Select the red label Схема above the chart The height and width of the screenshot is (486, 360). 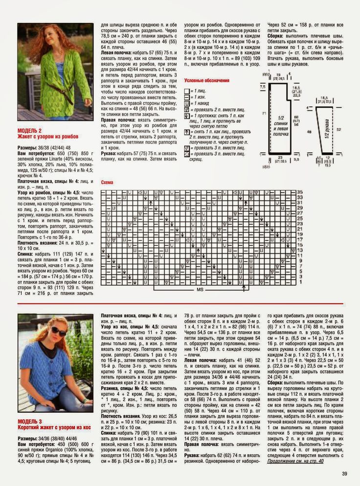click(107, 183)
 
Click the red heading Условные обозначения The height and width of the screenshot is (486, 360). click(206, 80)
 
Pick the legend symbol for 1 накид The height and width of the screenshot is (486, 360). click(187, 103)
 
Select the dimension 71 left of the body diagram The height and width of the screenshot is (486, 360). click(263, 113)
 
